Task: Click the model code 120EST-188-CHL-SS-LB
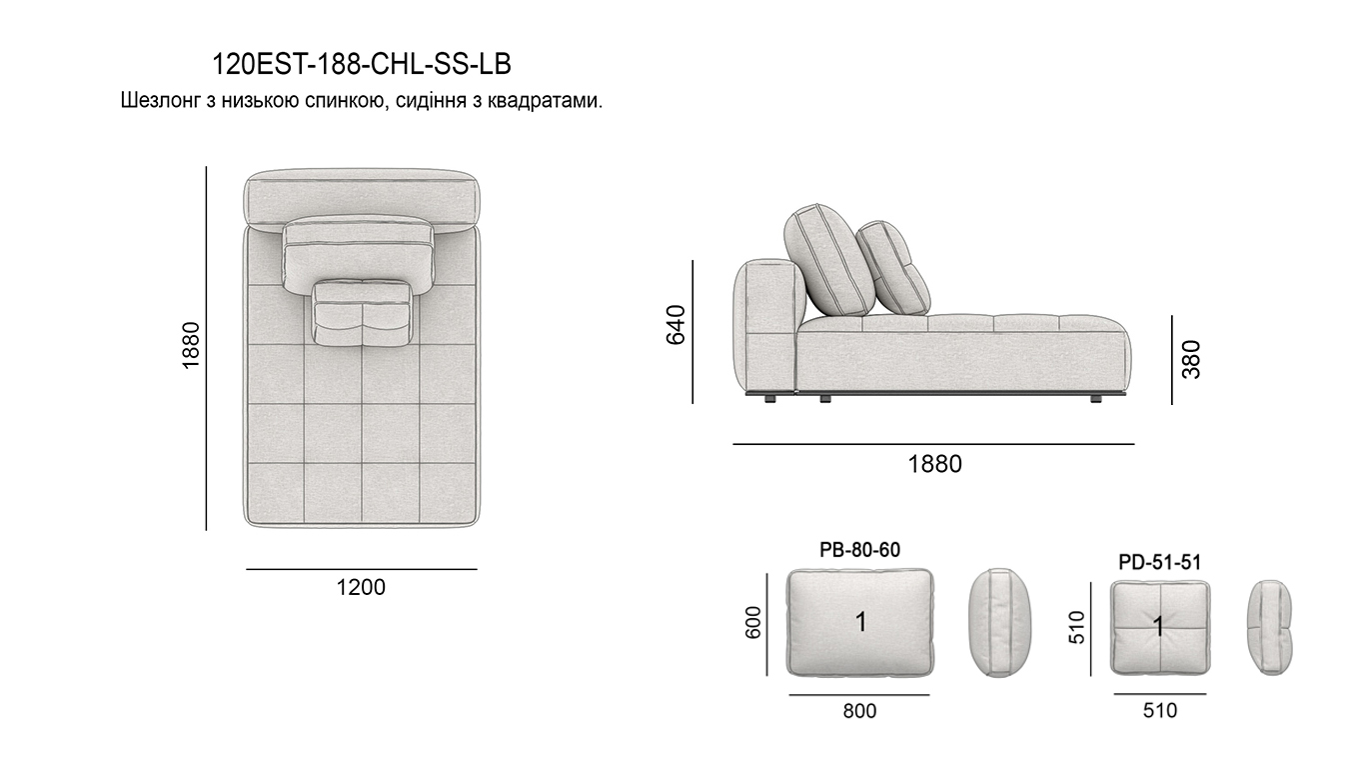[361, 64]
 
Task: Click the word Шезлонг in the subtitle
[160, 100]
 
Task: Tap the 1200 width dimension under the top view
[361, 587]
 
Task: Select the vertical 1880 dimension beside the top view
[191, 345]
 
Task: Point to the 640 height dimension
[676, 325]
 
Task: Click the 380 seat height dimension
[1191, 359]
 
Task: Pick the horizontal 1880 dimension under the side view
[934, 464]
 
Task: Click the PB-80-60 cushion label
[859, 550]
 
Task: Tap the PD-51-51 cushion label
[1159, 562]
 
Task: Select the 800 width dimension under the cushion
[859, 711]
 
